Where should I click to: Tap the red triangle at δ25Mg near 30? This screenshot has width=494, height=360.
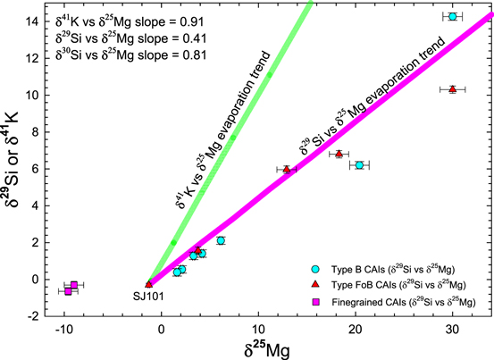pyautogui.click(x=453, y=89)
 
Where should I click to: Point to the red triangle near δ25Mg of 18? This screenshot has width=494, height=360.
pyautogui.click(x=339, y=154)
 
